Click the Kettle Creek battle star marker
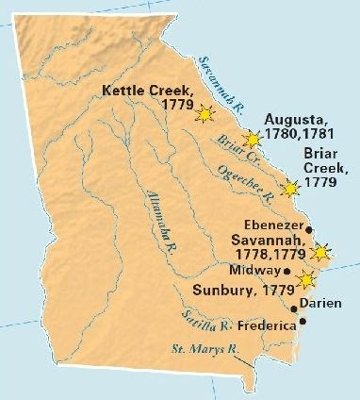205,114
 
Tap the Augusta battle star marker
252,140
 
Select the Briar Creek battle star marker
290,188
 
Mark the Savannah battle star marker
322,251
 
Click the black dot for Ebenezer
310,229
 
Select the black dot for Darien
294,308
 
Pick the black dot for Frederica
303,324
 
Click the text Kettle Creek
143,92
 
